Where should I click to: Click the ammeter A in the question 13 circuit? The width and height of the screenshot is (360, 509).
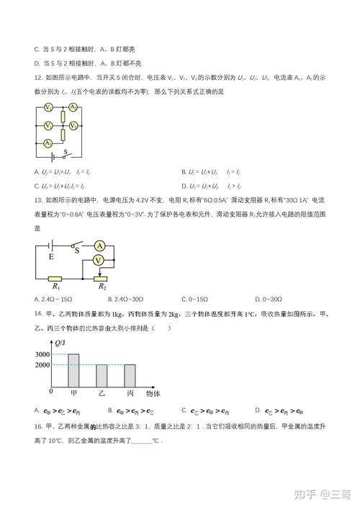coord(100,246)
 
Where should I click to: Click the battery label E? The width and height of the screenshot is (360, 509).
coord(50,256)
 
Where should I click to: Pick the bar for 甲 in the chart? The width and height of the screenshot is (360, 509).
coord(73,370)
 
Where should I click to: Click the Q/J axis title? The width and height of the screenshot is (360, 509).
coord(63,341)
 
